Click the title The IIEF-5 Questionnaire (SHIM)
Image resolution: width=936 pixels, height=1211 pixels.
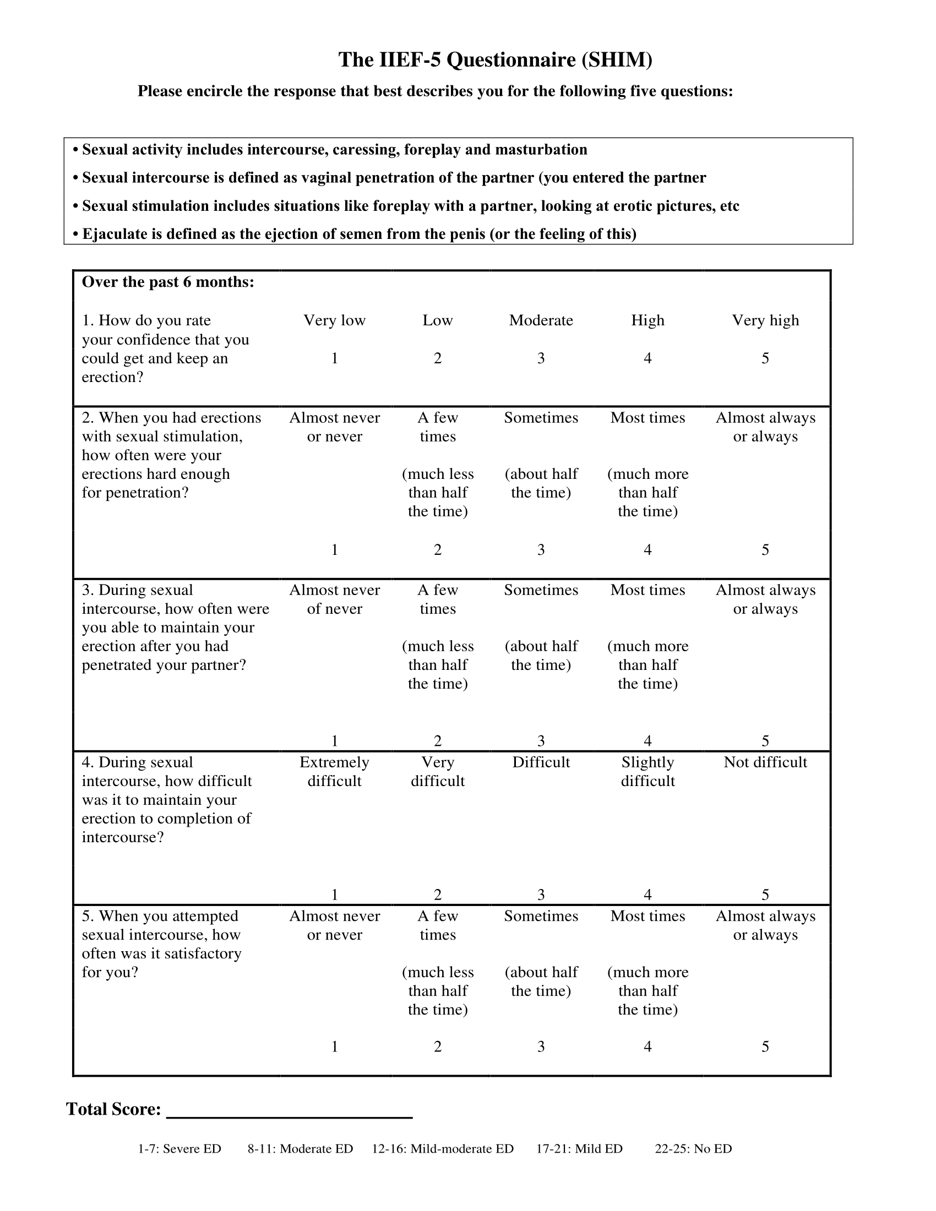click(495, 60)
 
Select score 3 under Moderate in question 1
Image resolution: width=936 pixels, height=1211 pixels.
click(541, 358)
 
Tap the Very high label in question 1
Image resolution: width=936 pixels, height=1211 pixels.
click(765, 320)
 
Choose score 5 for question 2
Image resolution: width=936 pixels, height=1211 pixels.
click(765, 549)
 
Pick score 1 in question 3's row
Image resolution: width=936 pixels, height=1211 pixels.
click(334, 741)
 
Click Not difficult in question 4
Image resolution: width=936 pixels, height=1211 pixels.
click(765, 762)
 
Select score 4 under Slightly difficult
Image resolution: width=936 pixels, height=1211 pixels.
click(647, 894)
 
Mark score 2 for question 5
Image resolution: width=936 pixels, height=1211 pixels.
click(438, 1046)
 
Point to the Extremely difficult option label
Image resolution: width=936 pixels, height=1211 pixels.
click(334, 771)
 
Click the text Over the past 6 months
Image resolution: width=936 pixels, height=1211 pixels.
click(168, 282)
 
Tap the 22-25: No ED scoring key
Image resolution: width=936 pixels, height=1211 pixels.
click(693, 1149)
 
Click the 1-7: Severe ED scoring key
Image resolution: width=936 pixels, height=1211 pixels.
click(179, 1149)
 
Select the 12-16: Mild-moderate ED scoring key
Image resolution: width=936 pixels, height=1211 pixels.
click(443, 1149)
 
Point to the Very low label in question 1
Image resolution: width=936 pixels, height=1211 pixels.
click(334, 320)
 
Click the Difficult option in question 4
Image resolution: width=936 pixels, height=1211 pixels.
click(541, 762)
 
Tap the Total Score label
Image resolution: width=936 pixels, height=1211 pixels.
click(113, 1109)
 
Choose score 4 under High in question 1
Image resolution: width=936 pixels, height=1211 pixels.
click(647, 358)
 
